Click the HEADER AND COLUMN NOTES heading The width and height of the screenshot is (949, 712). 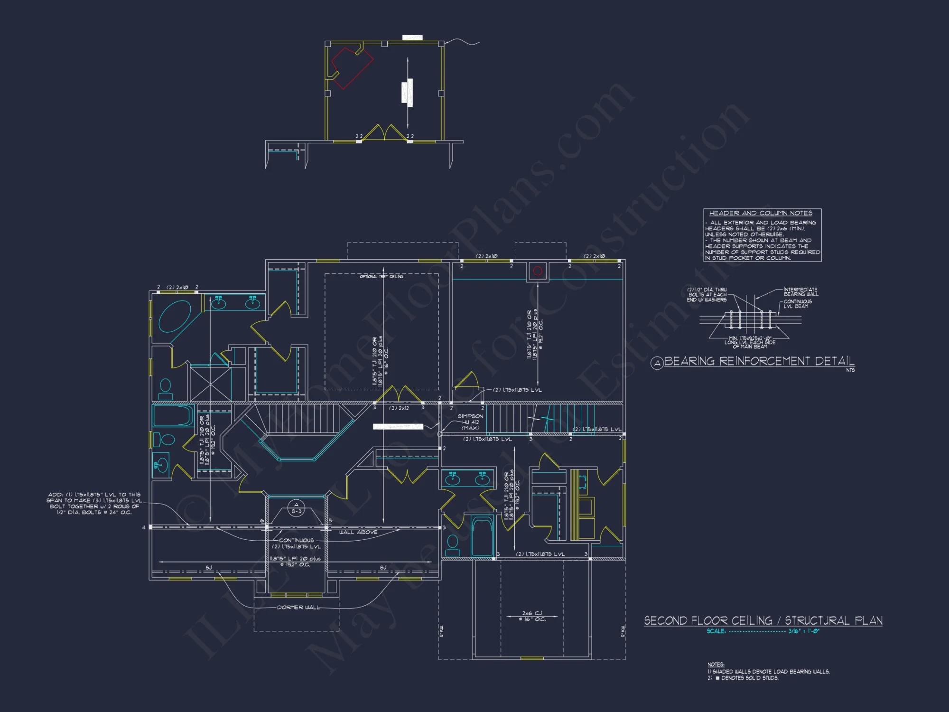761,213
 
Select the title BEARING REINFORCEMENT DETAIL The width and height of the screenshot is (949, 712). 759,361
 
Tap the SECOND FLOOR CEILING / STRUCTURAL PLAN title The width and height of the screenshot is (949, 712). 763,621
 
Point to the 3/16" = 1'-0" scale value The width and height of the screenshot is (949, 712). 804,631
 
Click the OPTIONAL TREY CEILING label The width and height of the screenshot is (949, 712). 381,276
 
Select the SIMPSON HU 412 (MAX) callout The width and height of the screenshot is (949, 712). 470,422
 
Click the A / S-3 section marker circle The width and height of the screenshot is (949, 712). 297,508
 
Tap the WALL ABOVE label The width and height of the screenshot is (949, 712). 358,533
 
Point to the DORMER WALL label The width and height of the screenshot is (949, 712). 298,608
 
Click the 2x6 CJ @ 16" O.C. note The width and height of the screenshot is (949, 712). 532,616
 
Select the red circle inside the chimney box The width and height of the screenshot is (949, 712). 538,271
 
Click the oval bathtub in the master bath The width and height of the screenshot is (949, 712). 175,316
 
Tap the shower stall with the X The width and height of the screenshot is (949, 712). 210,384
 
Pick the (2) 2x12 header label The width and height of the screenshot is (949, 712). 399,408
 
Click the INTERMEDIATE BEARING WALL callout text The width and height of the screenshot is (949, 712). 800,292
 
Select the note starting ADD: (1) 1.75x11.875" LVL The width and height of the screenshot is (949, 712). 94,503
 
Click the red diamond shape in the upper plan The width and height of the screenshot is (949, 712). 352,67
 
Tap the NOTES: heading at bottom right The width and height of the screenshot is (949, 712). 716,665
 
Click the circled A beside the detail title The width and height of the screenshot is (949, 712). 657,364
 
